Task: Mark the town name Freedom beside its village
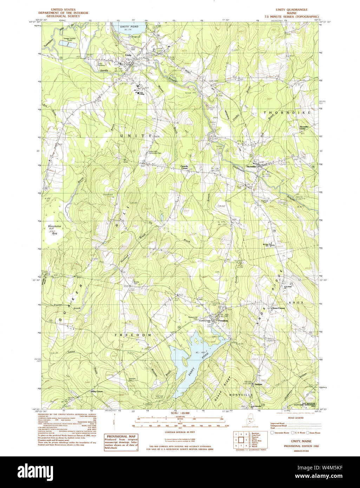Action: click(223, 321)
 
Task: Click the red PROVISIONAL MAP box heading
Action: click(121, 436)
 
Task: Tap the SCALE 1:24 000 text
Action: click(179, 413)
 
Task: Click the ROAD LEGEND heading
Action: click(295, 418)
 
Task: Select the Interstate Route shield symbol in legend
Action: click(272, 433)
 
